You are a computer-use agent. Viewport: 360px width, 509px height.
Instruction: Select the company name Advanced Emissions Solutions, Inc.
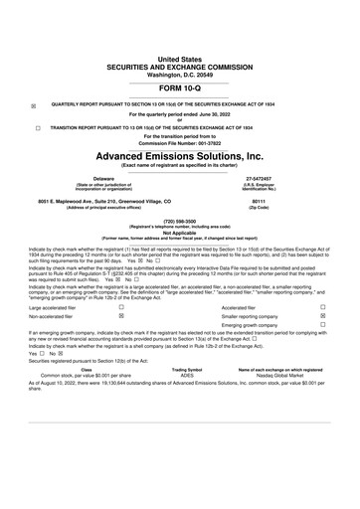coord(179,156)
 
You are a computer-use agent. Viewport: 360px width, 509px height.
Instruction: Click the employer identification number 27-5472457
coord(261,180)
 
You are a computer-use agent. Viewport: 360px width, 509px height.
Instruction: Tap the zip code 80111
coord(261,202)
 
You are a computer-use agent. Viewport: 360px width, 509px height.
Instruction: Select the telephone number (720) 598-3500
coord(179,222)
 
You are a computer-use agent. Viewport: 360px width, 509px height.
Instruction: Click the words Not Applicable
coord(179,233)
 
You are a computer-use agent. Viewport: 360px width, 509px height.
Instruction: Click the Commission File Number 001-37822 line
coord(179,144)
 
